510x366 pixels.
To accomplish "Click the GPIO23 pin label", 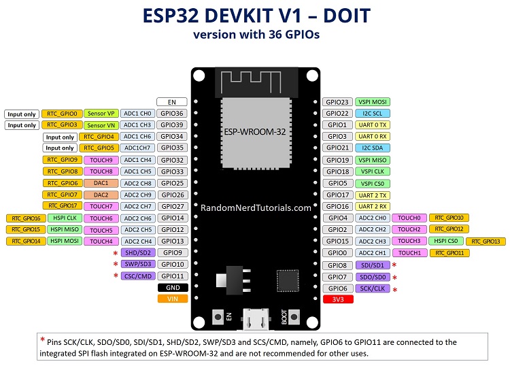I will (x=337, y=101).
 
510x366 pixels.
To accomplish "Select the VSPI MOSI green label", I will (x=372, y=101).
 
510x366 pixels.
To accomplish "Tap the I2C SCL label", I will (x=372, y=113).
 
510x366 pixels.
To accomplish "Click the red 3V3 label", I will (x=337, y=299).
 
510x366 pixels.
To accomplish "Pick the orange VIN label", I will (x=171, y=298).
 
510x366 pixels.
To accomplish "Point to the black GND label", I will (x=171, y=287).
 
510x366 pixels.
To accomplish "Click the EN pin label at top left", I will (x=171, y=101).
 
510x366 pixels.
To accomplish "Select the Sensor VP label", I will (x=101, y=114).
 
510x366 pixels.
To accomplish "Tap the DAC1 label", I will (x=101, y=183).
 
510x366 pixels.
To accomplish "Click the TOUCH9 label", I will (x=101, y=160).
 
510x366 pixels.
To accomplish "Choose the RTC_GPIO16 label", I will (x=26, y=218).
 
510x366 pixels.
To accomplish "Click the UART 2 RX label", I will (x=372, y=206).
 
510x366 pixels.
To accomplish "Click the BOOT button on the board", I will (x=294, y=316).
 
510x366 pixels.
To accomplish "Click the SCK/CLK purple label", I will (x=372, y=288).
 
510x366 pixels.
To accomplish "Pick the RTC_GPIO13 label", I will (x=486, y=241).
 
